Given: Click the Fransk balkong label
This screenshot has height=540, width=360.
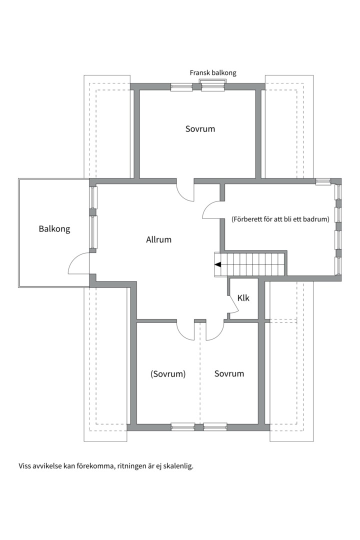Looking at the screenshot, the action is point(213,73).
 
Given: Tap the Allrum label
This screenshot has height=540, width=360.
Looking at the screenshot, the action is point(159,239).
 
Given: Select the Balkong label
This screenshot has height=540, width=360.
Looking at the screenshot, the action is point(54,228).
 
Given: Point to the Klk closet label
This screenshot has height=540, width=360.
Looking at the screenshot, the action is point(243,298).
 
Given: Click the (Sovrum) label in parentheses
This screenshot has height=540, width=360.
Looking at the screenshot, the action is point(168,374).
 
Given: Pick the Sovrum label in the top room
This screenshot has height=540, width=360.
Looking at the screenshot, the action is point(200,129).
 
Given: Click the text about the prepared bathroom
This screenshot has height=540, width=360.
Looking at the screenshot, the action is point(280,219).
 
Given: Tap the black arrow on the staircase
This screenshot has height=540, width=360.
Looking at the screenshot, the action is point(217,265).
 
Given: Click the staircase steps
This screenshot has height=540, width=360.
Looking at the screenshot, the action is point(250,264).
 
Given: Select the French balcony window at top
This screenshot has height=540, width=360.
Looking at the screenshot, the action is point(213,85).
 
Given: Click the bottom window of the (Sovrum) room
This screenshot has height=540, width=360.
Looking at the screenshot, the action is point(183,427).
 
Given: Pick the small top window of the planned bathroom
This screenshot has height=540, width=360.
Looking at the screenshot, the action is point(323,182).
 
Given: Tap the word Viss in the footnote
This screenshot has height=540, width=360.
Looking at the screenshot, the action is point(24,466).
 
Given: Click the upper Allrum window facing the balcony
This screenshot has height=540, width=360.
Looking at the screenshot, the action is point(93,197).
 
